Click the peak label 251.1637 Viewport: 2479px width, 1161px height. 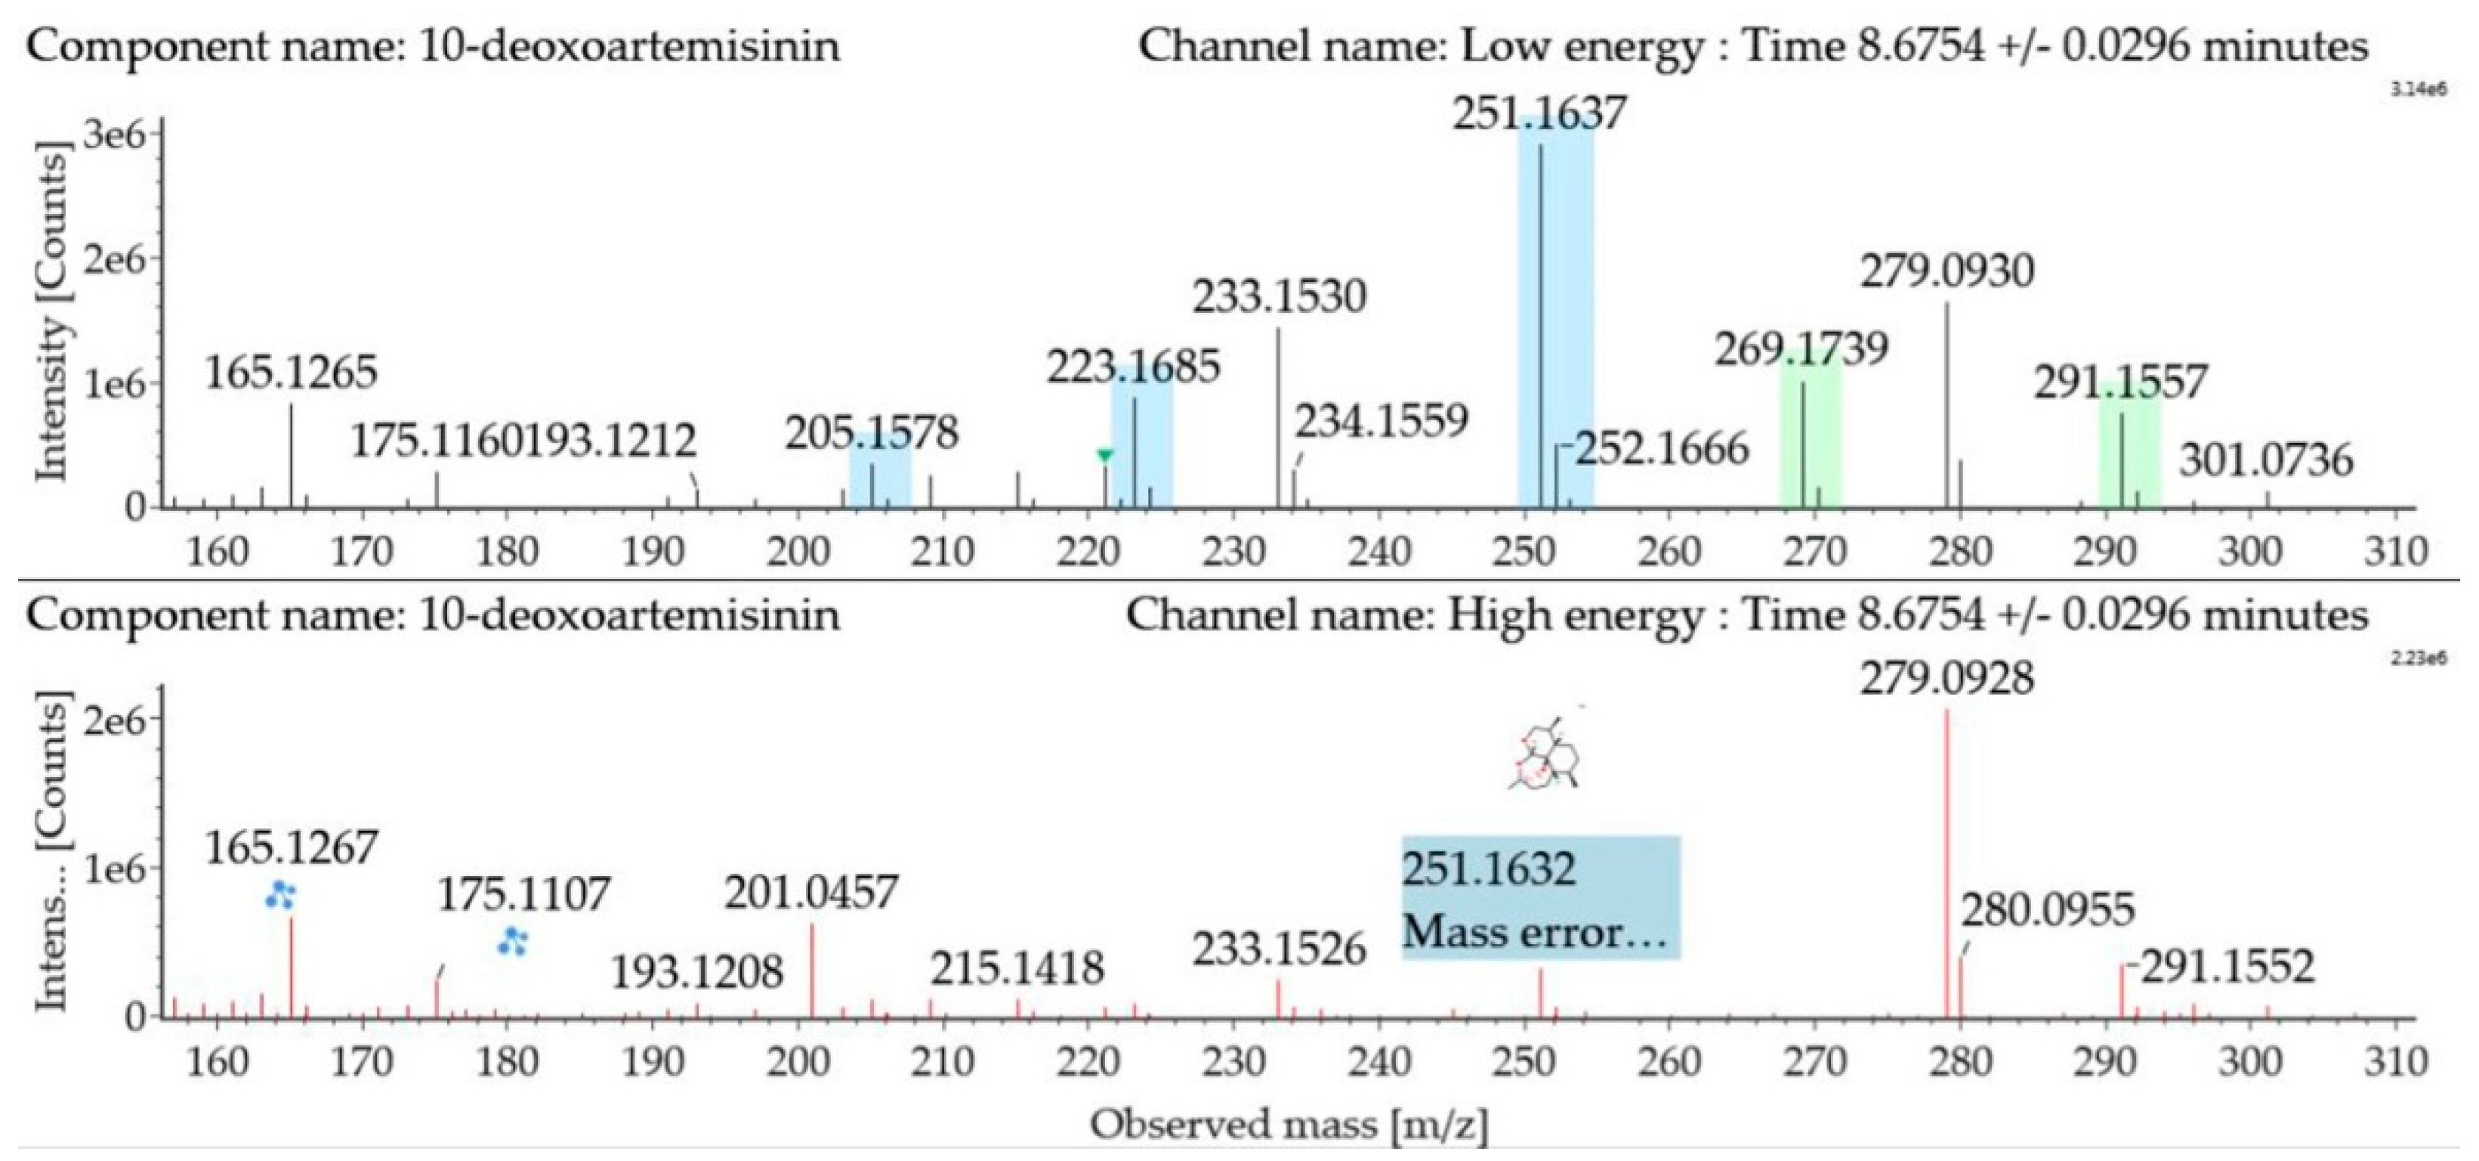tap(1539, 113)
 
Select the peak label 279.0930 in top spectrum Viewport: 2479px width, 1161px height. tap(1946, 271)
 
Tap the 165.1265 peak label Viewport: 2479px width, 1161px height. tap(291, 373)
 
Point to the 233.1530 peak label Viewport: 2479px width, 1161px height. tap(1279, 296)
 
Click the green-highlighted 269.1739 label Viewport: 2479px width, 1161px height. tap(1801, 348)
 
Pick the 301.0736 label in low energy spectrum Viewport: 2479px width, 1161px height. tap(2265, 460)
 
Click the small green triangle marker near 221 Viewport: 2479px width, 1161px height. tap(1105, 455)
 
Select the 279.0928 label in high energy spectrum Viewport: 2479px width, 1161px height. tap(1946, 679)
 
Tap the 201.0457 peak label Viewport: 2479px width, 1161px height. tap(811, 893)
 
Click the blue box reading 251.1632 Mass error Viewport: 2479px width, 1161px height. tap(1540, 898)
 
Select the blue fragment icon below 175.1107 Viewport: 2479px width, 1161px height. tap(512, 942)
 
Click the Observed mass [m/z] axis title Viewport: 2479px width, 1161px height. tap(1289, 1123)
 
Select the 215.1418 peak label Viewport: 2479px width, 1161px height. tap(1016, 968)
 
